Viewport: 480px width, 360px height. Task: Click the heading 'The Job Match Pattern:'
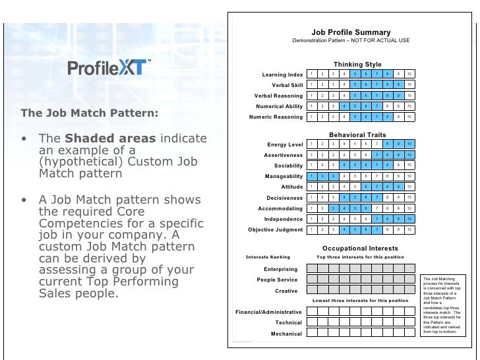pos(89,113)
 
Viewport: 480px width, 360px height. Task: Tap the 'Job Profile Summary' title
pos(351,32)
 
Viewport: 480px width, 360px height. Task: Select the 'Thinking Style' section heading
pos(357,64)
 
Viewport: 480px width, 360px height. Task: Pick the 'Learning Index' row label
pos(282,75)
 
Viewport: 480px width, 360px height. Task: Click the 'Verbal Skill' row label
pos(287,85)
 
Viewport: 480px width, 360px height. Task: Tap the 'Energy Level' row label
pos(285,144)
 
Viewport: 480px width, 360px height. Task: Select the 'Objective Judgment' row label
pos(276,229)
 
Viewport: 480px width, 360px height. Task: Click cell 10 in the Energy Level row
pos(409,144)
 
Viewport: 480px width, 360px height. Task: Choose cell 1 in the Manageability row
pos(312,176)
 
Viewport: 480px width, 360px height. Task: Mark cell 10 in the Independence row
pos(409,218)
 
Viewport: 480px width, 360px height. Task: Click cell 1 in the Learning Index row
pos(312,74)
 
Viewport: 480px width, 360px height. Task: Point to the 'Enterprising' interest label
pos(280,269)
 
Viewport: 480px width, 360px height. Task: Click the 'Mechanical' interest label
pos(286,334)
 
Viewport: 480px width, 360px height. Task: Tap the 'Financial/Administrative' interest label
pos(269,312)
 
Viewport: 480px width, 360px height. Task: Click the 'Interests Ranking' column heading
pos(268,256)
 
